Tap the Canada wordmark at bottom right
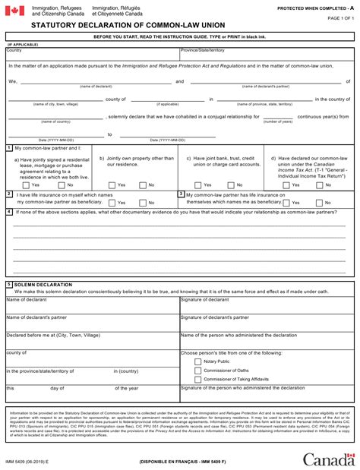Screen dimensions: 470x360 click(x=328, y=459)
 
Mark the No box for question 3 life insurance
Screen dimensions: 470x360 click(x=319, y=203)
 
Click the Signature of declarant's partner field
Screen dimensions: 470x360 click(x=266, y=322)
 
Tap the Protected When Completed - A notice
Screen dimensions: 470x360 click(x=315, y=7)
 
